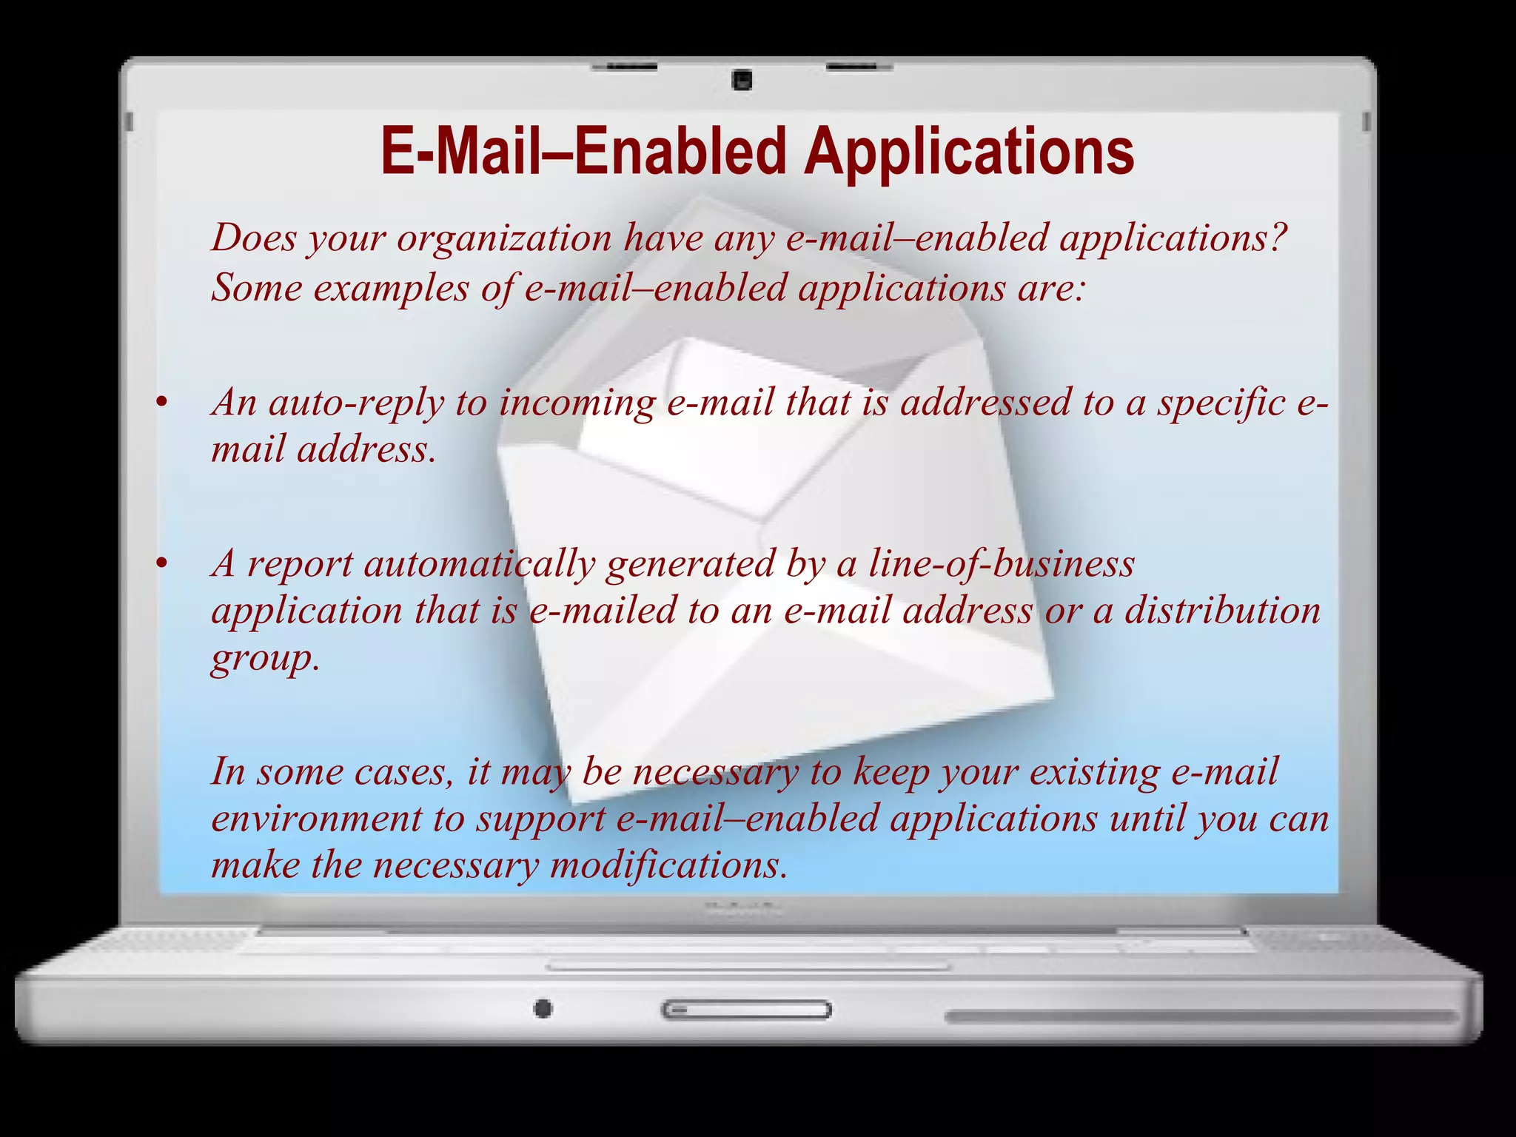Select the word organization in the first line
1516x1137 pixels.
click(x=504, y=239)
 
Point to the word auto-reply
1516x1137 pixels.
click(x=356, y=403)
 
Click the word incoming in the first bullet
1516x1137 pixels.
click(x=577, y=403)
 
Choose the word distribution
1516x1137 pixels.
click(x=1222, y=611)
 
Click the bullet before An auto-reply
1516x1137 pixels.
click(x=162, y=403)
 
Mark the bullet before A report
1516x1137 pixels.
click(x=162, y=564)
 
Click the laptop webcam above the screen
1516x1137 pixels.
click(x=742, y=80)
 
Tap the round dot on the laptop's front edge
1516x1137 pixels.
click(x=543, y=1008)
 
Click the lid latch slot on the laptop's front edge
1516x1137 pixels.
click(x=746, y=1010)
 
